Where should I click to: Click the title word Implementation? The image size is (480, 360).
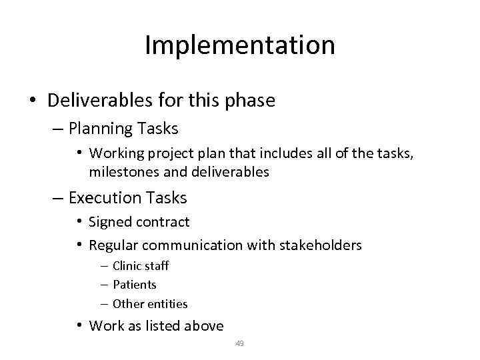tap(239, 46)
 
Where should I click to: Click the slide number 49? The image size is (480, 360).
tap(239, 344)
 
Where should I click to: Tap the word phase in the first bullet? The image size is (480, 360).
tap(251, 101)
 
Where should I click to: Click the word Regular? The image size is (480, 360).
tap(112, 245)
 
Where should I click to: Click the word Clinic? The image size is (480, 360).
tap(127, 266)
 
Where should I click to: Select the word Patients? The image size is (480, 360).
tap(135, 285)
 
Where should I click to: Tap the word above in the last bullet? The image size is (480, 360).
tap(203, 326)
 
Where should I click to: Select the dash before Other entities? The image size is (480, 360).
tap(105, 304)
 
